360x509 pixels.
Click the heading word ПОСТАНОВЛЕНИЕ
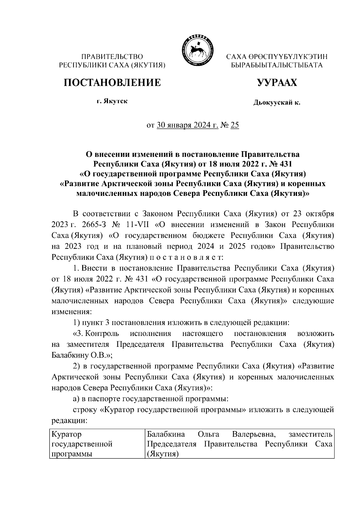click(x=112, y=82)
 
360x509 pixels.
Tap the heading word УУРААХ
click(x=277, y=82)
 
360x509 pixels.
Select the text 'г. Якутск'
click(x=112, y=101)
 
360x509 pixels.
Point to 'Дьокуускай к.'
click(x=277, y=103)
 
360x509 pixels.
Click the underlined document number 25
click(x=235, y=125)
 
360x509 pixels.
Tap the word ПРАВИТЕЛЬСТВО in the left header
click(x=112, y=56)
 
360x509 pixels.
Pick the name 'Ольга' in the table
click(x=208, y=434)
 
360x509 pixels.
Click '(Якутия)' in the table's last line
click(x=162, y=454)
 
